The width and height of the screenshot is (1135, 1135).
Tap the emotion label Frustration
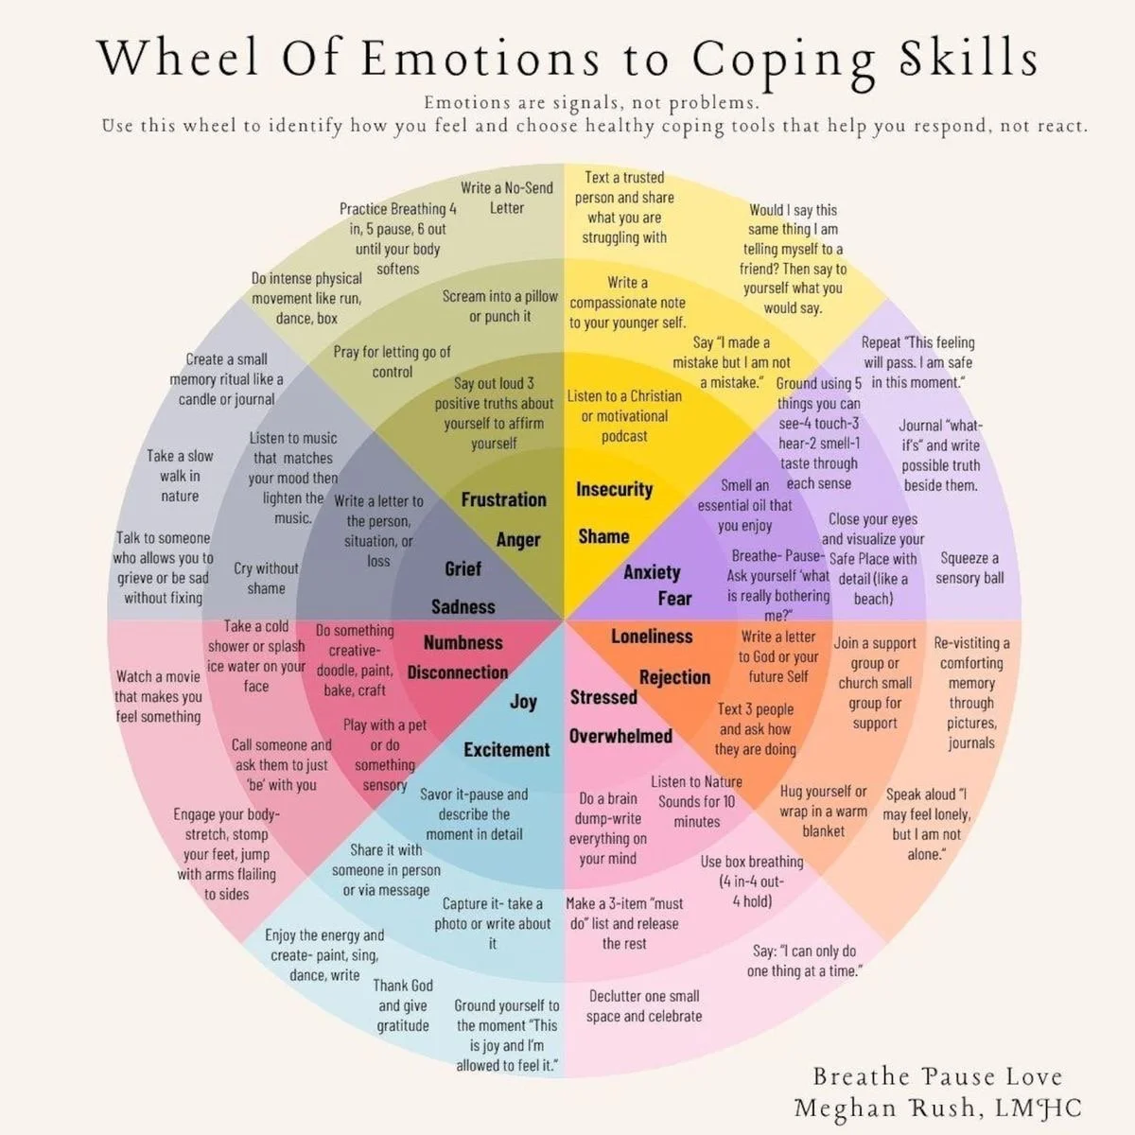[503, 499]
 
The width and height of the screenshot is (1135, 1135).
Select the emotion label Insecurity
[614, 489]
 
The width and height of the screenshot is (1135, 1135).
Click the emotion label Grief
[463, 568]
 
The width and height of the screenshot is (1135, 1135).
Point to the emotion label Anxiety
[652, 571]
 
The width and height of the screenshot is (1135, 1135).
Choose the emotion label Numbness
[463, 643]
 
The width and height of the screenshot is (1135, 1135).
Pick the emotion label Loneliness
[652, 637]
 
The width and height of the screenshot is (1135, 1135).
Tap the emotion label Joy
[523, 701]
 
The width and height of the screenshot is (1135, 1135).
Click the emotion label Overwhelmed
[620, 736]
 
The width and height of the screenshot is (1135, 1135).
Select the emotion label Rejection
[674, 677]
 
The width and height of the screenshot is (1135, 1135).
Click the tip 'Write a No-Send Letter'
[507, 198]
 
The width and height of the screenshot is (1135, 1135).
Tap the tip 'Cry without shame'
[266, 578]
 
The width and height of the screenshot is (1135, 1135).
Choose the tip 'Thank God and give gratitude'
[403, 1005]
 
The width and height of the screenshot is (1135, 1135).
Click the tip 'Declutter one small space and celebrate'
[644, 1005]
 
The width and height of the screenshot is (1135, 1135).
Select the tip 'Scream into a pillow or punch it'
[500, 306]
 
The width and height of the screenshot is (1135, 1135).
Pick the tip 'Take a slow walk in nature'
[180, 476]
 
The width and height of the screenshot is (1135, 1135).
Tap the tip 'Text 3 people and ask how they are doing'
[755, 728]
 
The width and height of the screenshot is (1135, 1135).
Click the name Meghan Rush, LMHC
[937, 1108]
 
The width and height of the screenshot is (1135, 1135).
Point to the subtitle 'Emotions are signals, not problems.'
[591, 103]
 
